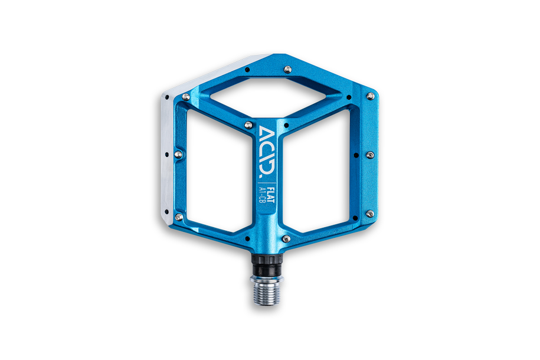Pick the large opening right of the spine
[x=319, y=171]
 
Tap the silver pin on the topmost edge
[x=287, y=70]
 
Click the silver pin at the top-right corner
[x=371, y=96]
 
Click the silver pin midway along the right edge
[x=370, y=154]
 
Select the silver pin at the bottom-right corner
[x=370, y=212]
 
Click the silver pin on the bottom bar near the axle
[x=286, y=238]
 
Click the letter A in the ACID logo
[x=264, y=132]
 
